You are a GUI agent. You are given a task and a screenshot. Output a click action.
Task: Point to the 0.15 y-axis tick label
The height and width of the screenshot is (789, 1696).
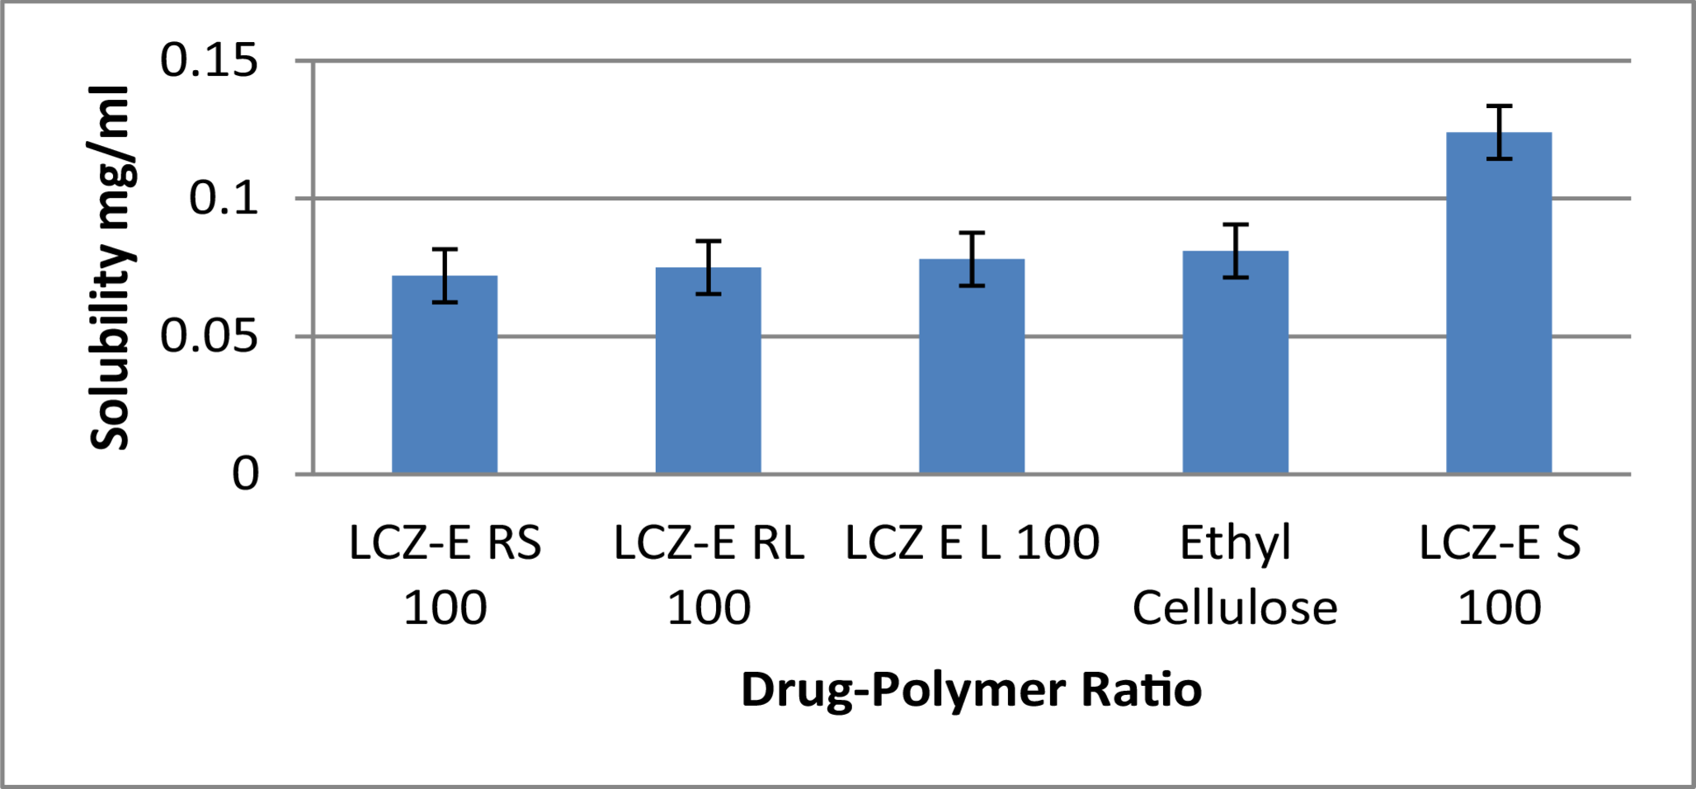pos(209,61)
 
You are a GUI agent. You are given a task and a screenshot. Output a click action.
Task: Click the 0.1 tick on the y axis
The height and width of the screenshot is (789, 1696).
pos(224,199)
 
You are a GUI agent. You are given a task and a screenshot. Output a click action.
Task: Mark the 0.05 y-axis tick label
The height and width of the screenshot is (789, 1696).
pos(209,336)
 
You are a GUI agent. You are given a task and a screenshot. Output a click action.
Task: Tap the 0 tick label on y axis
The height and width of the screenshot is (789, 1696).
pos(245,474)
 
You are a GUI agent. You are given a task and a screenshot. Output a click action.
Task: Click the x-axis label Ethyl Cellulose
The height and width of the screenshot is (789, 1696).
pos(1235,575)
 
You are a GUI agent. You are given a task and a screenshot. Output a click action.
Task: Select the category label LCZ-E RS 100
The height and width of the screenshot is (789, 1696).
pos(445,575)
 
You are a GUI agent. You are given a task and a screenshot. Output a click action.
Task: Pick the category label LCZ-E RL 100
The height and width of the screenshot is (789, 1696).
pos(708,575)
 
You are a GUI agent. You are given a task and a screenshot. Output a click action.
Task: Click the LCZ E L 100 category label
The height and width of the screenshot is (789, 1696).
pos(972,542)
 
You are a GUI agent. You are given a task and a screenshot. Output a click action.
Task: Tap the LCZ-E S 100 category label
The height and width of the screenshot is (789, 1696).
pos(1499,575)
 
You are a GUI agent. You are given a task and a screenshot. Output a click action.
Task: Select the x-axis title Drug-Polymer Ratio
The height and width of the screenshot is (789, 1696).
pos(971,689)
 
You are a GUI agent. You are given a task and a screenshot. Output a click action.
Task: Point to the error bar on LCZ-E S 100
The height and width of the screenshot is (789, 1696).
pos(1499,132)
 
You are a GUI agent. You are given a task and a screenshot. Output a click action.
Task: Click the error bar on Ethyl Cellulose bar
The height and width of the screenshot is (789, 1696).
pos(1235,251)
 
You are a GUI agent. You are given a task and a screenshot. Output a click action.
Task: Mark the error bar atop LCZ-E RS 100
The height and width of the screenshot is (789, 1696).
pos(445,275)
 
